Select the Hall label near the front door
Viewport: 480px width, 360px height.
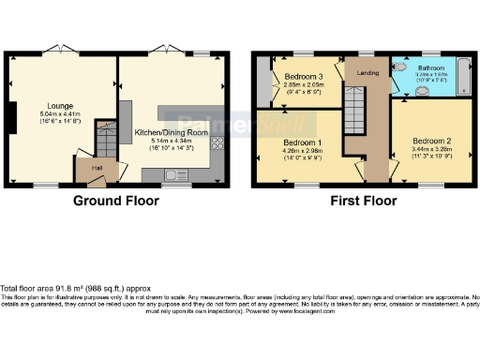pos(96,169)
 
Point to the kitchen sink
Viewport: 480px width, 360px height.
pos(174,173)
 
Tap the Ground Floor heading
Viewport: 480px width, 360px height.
pos(114,201)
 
